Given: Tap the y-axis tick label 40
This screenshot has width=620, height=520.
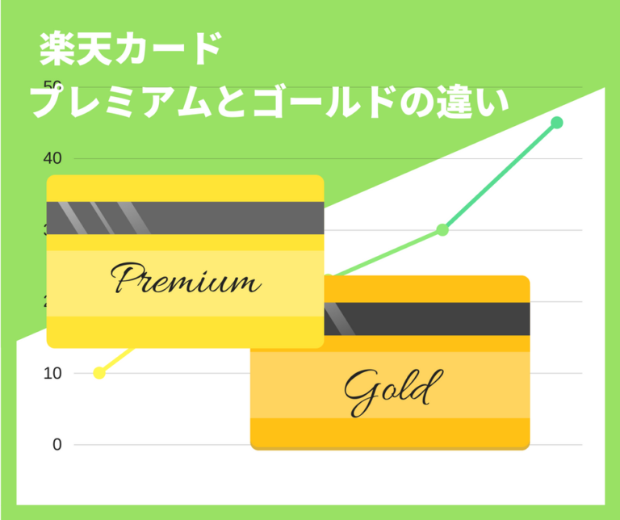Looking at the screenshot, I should [52, 158].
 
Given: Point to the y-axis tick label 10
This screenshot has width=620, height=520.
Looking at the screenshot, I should [52, 373].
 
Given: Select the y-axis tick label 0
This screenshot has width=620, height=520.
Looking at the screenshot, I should [57, 444].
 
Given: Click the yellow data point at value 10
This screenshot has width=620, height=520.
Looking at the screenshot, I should [99, 373].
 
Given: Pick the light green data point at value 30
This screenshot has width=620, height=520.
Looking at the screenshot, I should [442, 230].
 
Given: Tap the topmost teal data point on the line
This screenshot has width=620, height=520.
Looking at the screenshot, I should [557, 123].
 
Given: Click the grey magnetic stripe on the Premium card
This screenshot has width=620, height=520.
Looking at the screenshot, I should [185, 217].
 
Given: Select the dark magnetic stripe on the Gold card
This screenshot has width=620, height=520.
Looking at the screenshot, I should [428, 318].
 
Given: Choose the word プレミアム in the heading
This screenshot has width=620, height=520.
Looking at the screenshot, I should [121, 103].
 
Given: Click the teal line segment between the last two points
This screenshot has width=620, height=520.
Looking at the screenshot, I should [500, 176].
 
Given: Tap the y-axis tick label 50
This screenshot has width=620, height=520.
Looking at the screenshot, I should [52, 86].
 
